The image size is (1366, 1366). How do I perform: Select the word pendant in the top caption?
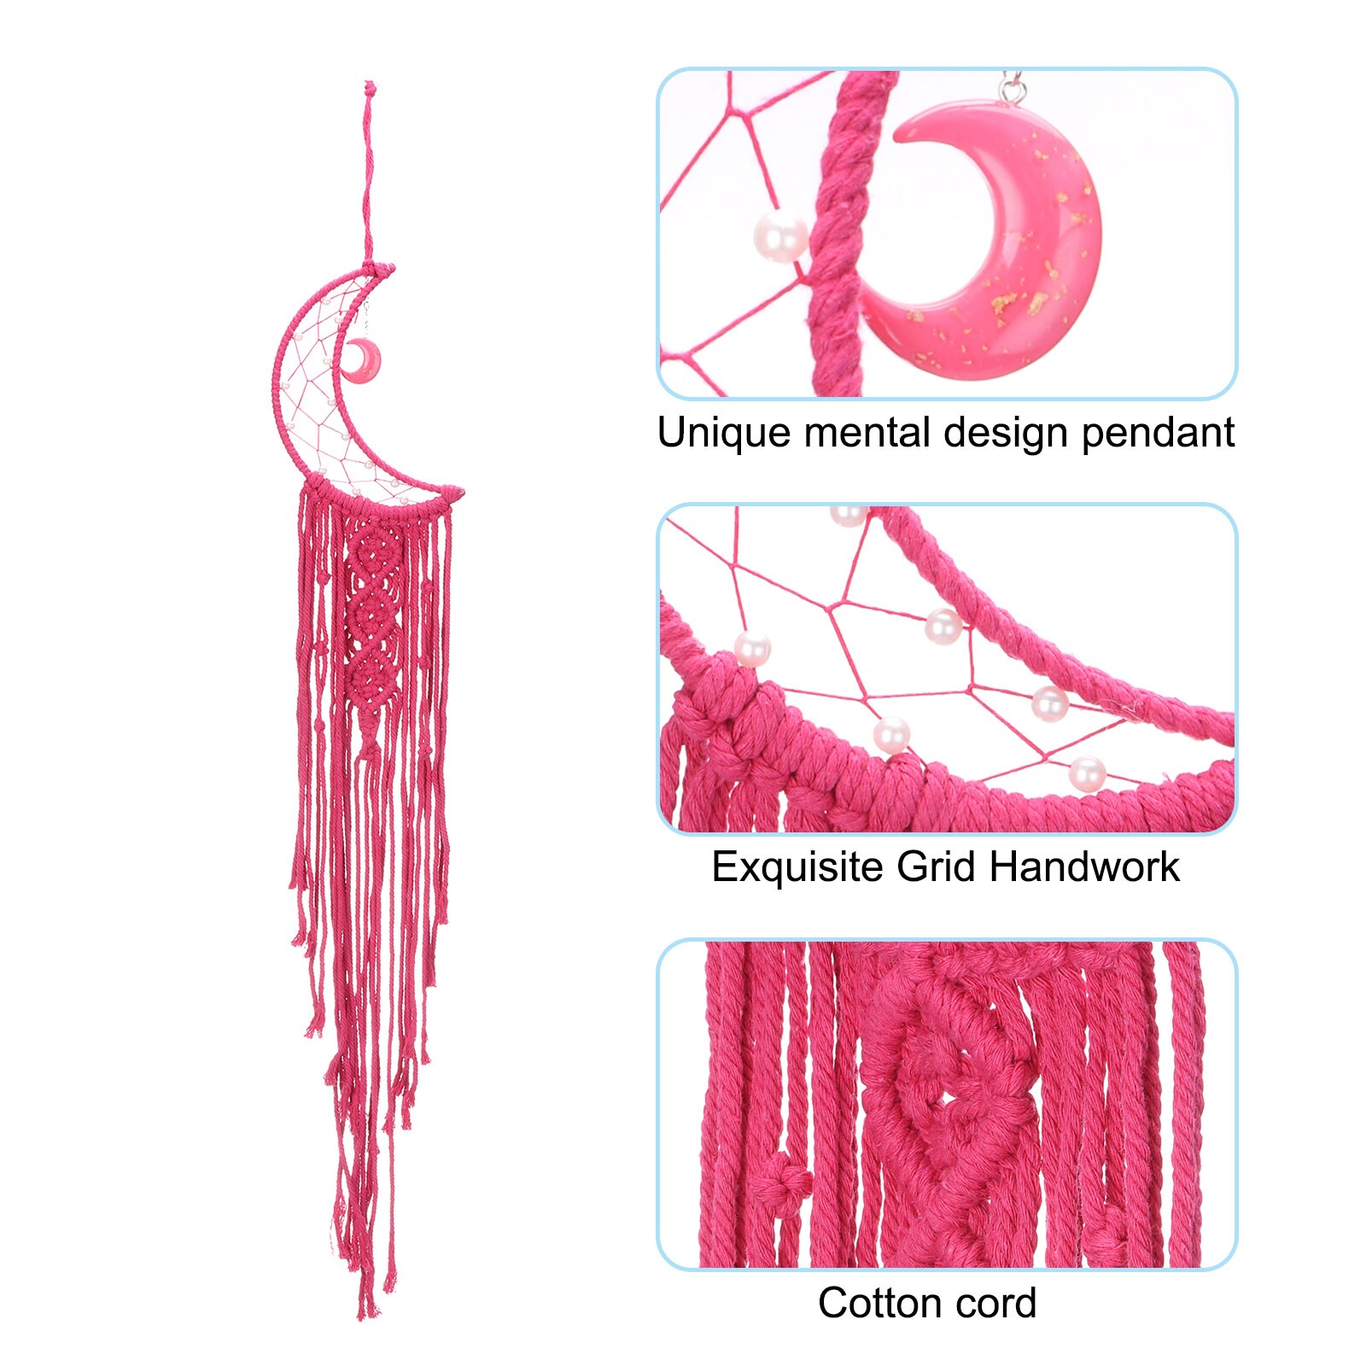pos(1158,433)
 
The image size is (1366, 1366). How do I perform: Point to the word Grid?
pos(935,867)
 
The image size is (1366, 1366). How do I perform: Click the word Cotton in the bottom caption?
pos(879,1303)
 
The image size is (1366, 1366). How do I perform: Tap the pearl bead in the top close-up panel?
pos(779,236)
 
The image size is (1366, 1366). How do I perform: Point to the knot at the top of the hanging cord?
pos(370,89)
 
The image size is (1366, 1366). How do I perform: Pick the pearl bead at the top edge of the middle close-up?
pos(849,515)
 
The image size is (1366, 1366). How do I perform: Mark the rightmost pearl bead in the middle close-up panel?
pos(1087,773)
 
